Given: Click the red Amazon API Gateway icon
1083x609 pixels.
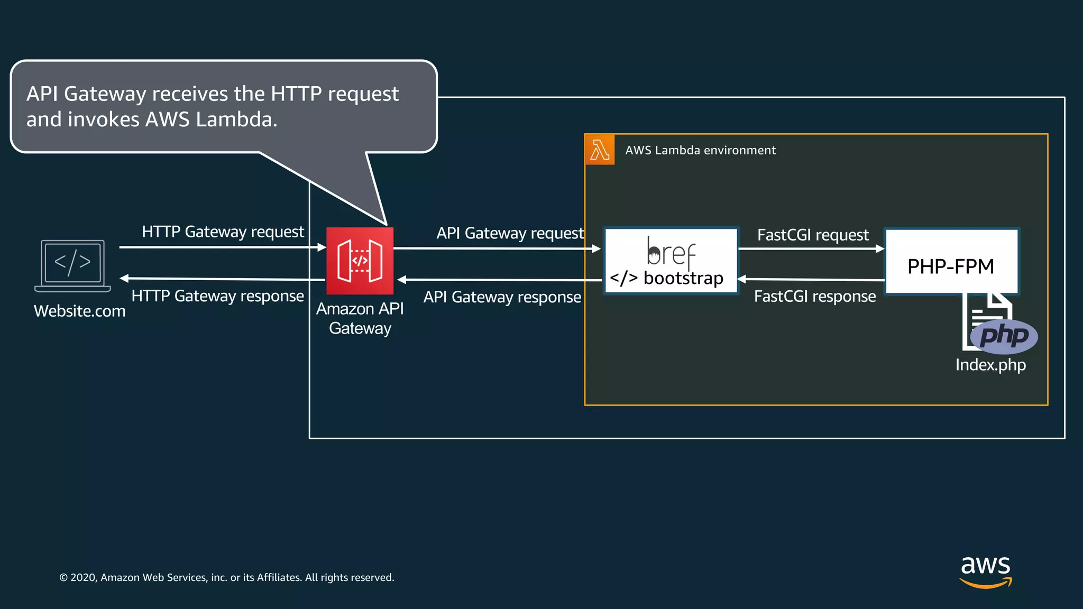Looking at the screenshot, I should [360, 261].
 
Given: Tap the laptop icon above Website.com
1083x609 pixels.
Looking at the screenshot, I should [72, 265].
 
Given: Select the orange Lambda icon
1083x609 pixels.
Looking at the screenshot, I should [600, 150].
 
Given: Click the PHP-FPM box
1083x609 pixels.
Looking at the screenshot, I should [951, 262].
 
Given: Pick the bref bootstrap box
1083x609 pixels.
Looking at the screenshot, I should [671, 261].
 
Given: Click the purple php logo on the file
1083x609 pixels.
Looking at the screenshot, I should [1004, 336].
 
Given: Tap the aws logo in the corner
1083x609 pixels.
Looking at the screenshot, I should [985, 571].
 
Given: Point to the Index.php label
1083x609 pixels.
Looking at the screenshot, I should [990, 365].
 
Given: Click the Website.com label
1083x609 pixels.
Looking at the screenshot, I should [80, 311].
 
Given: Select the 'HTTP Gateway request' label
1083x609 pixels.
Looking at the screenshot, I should [223, 232].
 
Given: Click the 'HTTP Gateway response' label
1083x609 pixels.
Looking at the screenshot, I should [217, 296].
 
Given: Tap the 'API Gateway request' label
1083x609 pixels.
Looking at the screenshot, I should [510, 233].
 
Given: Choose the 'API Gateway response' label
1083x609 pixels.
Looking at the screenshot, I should [502, 297].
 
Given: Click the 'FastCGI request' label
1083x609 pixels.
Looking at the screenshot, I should [813, 235].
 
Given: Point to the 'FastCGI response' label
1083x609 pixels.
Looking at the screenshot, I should [814, 296].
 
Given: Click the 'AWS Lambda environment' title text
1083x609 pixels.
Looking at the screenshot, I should [700, 150].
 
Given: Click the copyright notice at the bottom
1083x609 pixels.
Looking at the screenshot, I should [227, 577].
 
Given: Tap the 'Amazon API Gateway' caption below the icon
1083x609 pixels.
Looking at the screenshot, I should [360, 318].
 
